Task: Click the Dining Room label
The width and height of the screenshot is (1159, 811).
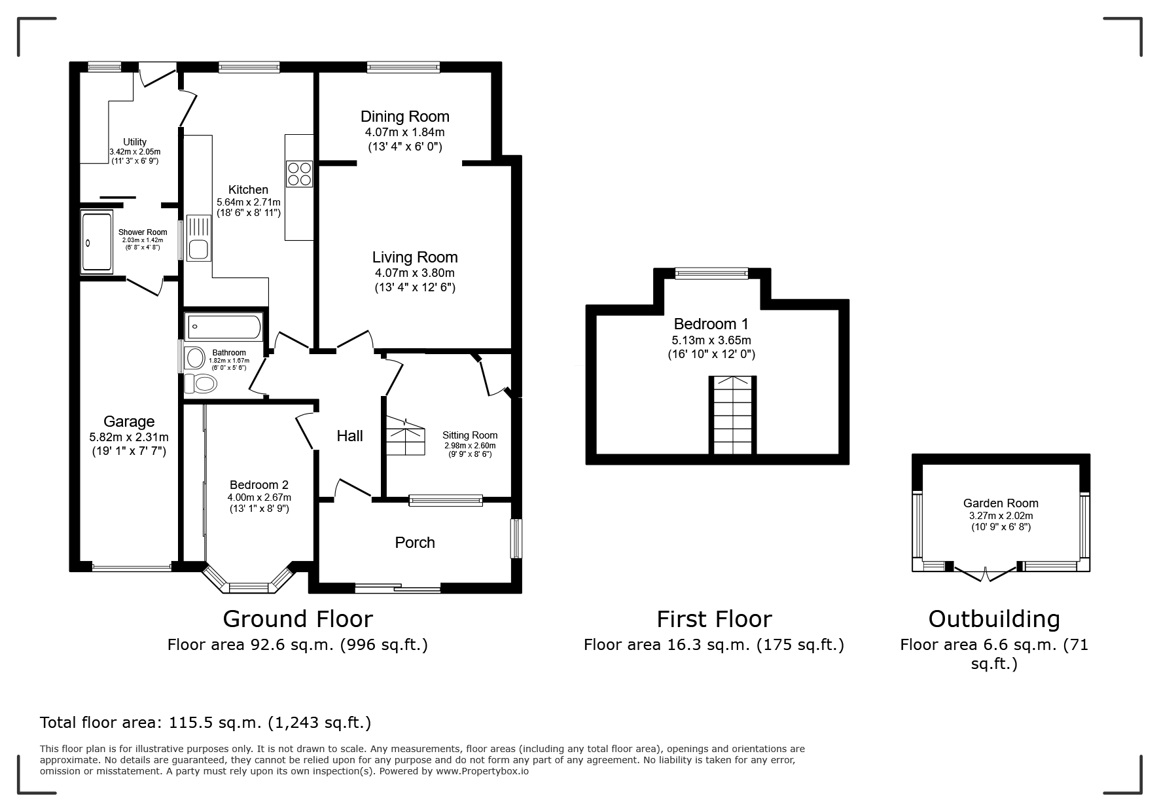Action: coord(404,117)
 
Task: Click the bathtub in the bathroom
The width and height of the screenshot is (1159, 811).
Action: coord(224,327)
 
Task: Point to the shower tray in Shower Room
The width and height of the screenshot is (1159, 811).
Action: coord(97,242)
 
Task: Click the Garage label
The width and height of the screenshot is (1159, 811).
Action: coord(129,422)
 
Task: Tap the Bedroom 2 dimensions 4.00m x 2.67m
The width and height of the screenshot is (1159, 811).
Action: coord(260,497)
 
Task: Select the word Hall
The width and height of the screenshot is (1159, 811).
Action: coord(349,436)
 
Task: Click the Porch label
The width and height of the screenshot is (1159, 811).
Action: coord(415,543)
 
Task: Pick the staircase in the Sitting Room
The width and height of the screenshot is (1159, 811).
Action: coord(405,436)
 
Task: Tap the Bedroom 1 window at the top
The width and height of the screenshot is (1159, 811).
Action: coord(711,273)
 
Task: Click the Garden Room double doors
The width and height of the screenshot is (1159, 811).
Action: coord(986,572)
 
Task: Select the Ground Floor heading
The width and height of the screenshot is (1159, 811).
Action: coord(298,619)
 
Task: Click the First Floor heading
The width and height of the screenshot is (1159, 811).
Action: coord(714,619)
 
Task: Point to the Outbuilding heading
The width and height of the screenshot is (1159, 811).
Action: coord(994,619)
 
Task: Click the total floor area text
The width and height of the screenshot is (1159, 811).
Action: coord(205,723)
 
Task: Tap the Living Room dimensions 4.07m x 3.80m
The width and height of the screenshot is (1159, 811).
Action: coord(415,273)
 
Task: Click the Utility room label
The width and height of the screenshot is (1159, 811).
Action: coord(135,142)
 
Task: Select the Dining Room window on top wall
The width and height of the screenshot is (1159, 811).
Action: coord(403,67)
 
